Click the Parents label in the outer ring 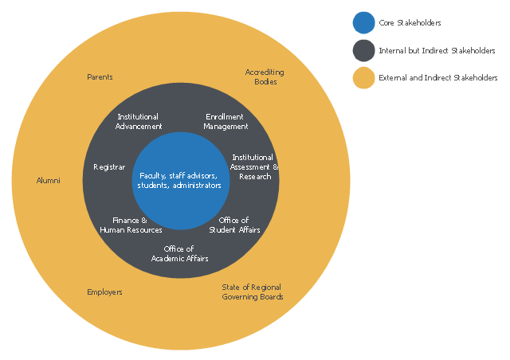(100, 77)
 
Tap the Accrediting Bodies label (265, 77)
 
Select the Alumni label (49, 181)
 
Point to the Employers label (104, 292)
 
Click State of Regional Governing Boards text (251, 292)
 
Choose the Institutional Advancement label (138, 121)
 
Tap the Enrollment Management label (226, 121)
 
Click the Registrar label (109, 167)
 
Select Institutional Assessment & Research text (254, 167)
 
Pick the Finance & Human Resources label (131, 225)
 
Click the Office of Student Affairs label (234, 225)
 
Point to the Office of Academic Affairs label (180, 253)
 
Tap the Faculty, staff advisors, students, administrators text (180, 180)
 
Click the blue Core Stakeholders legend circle (363, 24)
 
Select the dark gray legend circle (363, 51)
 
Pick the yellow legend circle (363, 78)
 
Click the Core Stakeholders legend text (410, 24)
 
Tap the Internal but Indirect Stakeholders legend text (437, 51)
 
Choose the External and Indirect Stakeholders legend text (437, 78)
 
